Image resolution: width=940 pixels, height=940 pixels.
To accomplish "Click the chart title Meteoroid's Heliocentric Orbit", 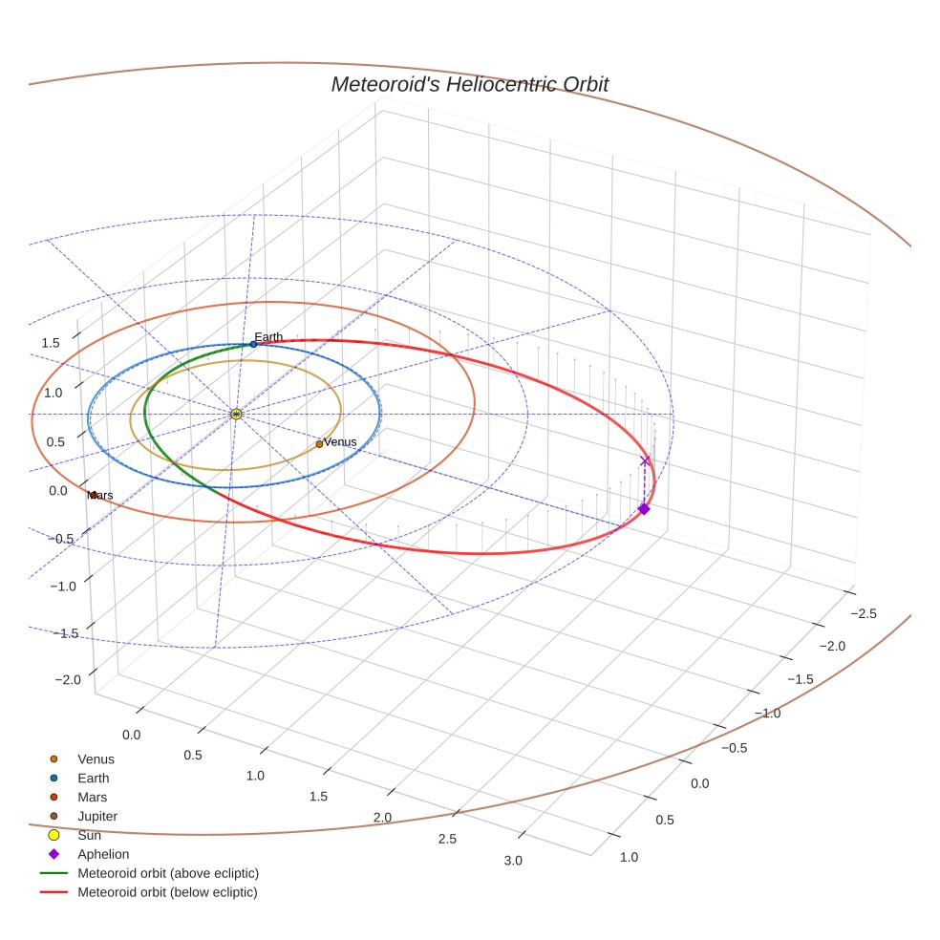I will point(469,84).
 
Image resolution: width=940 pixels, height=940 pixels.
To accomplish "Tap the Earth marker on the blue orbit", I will point(253,344).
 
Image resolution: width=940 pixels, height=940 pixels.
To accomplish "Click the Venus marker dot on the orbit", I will point(319,444).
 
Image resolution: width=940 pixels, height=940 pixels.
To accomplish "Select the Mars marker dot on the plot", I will point(94,495).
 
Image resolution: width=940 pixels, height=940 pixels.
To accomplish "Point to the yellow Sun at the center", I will point(236,414).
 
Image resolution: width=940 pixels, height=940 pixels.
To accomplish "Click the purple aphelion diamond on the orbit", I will point(644,509).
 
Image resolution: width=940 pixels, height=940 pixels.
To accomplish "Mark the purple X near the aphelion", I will point(645,461).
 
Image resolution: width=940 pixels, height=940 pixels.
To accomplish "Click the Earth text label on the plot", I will point(268,336).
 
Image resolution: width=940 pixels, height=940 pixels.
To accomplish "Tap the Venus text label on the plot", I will point(340,442).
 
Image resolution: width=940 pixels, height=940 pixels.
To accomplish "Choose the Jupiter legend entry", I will point(96,816).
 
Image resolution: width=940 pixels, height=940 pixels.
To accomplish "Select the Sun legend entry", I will point(89,835).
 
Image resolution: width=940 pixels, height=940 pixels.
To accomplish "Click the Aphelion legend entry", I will point(102,854).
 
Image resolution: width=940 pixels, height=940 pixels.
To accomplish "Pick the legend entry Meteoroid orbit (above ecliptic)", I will point(167,873).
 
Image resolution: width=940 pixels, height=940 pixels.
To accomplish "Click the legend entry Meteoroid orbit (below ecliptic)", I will point(167,892).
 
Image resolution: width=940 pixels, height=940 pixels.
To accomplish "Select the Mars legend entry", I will point(92,797).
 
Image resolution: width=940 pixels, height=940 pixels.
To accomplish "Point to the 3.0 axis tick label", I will point(512,861).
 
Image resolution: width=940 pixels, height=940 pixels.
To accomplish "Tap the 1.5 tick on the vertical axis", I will point(51,343).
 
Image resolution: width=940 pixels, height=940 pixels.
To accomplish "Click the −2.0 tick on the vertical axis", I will point(68,679).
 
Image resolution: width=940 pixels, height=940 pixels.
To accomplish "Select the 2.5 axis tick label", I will point(446,839).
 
